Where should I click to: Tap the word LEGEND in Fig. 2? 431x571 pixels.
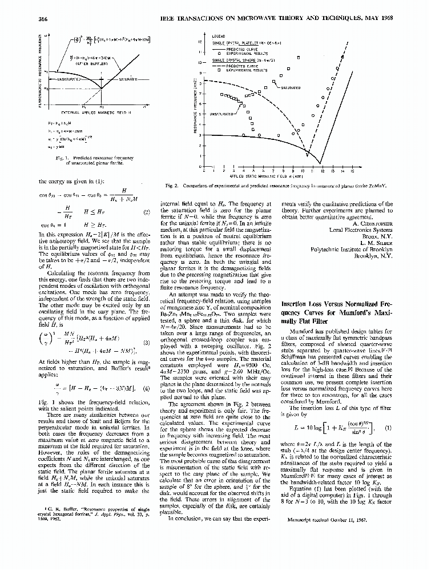(219, 36)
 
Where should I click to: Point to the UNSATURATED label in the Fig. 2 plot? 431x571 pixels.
(223, 114)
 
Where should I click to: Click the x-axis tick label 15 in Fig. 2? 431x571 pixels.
(352, 170)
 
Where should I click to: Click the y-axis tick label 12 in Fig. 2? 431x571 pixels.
(199, 42)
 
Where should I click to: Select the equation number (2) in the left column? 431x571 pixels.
(146, 212)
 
